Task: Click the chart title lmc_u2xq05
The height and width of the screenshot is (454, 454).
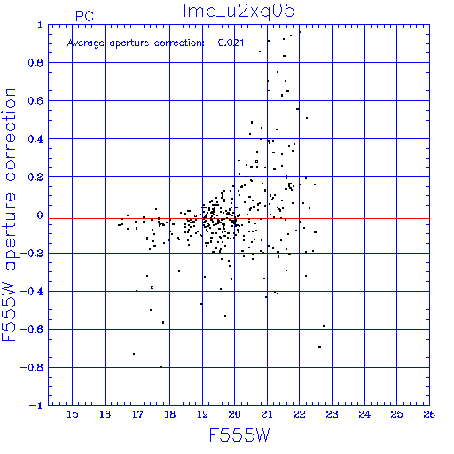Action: pos(239,12)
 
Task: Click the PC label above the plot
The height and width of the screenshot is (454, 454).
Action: pos(84,16)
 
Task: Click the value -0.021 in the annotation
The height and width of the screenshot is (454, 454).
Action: pos(227,43)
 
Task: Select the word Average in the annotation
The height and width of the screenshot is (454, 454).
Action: pos(86,43)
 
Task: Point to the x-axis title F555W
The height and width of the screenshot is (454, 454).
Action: pos(239,435)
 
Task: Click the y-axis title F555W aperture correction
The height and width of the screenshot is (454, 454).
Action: pos(9,215)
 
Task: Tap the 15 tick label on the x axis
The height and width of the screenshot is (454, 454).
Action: pos(73,414)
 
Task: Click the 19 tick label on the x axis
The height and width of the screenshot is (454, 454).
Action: pos(202,414)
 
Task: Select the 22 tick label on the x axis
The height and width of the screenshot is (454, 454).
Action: pos(300,414)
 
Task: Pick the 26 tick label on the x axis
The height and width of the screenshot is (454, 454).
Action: pos(429,414)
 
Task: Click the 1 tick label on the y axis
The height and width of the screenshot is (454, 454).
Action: pos(40,25)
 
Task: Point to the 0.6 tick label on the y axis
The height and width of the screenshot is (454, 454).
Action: pos(35,101)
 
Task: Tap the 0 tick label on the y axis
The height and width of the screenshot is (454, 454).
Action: pos(40,215)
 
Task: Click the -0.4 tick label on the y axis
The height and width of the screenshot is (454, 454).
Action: pos(32,292)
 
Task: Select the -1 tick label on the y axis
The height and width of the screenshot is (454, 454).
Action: pos(36,405)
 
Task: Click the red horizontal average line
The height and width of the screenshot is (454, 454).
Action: pos(239,218)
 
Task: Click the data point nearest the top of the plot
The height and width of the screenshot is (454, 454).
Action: pos(301,32)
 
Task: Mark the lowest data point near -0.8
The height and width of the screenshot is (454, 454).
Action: pos(161,367)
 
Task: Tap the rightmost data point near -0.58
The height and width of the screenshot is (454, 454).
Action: pos(324,325)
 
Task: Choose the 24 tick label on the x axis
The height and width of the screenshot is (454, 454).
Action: pos(364,414)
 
